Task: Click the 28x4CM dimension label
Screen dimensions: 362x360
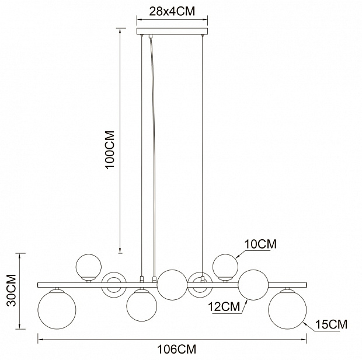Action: point(172,11)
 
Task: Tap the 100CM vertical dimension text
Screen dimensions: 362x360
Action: point(110,150)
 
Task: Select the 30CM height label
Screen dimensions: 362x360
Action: point(11,291)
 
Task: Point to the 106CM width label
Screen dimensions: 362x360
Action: point(177,349)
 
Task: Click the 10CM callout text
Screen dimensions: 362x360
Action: point(260,244)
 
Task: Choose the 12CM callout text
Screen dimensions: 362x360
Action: point(224,307)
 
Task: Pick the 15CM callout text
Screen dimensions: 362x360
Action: point(331,324)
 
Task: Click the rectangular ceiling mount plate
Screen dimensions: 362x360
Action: point(172,32)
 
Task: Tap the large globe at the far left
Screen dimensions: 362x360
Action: point(57,310)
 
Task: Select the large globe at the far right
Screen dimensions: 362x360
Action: point(287,310)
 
